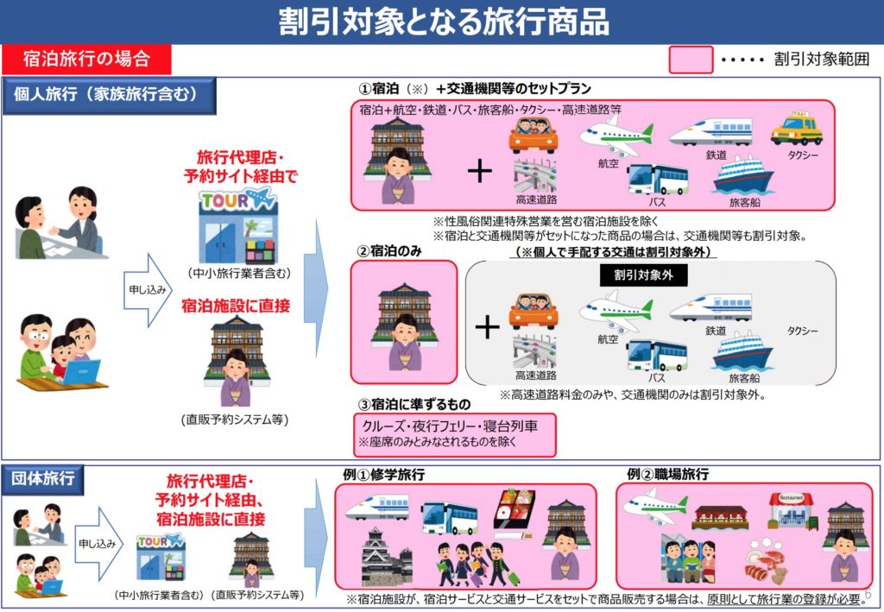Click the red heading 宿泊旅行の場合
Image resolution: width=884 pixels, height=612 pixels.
point(86,59)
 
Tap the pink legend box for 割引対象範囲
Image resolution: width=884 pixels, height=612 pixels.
point(691,60)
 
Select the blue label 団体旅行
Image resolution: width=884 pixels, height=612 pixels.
point(43,479)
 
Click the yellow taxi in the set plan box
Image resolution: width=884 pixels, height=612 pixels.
point(796,129)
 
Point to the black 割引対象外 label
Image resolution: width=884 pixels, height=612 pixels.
point(643,275)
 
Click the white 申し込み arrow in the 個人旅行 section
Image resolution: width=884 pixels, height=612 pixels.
point(148,290)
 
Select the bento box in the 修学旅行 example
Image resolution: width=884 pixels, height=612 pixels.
point(514,511)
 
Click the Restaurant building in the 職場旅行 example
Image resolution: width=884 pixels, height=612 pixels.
point(791,510)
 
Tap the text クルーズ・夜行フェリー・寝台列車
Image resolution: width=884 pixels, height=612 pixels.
point(449,426)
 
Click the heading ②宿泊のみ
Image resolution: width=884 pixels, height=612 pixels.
point(389,251)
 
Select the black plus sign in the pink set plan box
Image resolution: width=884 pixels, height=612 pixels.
point(480,170)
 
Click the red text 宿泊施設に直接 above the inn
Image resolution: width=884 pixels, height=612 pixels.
point(236,306)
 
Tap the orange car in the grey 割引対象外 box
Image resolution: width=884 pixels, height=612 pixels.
point(534,311)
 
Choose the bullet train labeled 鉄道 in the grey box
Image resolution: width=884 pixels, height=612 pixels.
point(711,307)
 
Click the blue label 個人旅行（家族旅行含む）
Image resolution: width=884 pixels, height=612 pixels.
point(108,95)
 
